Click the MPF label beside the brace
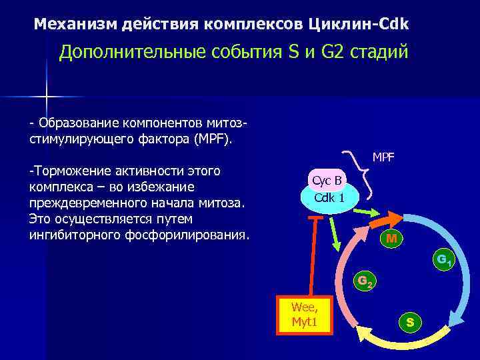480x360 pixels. (383, 157)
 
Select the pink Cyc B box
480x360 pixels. (327, 180)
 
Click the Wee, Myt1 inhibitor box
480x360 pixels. (304, 316)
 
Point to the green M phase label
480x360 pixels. (393, 238)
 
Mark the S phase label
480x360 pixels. (409, 323)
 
